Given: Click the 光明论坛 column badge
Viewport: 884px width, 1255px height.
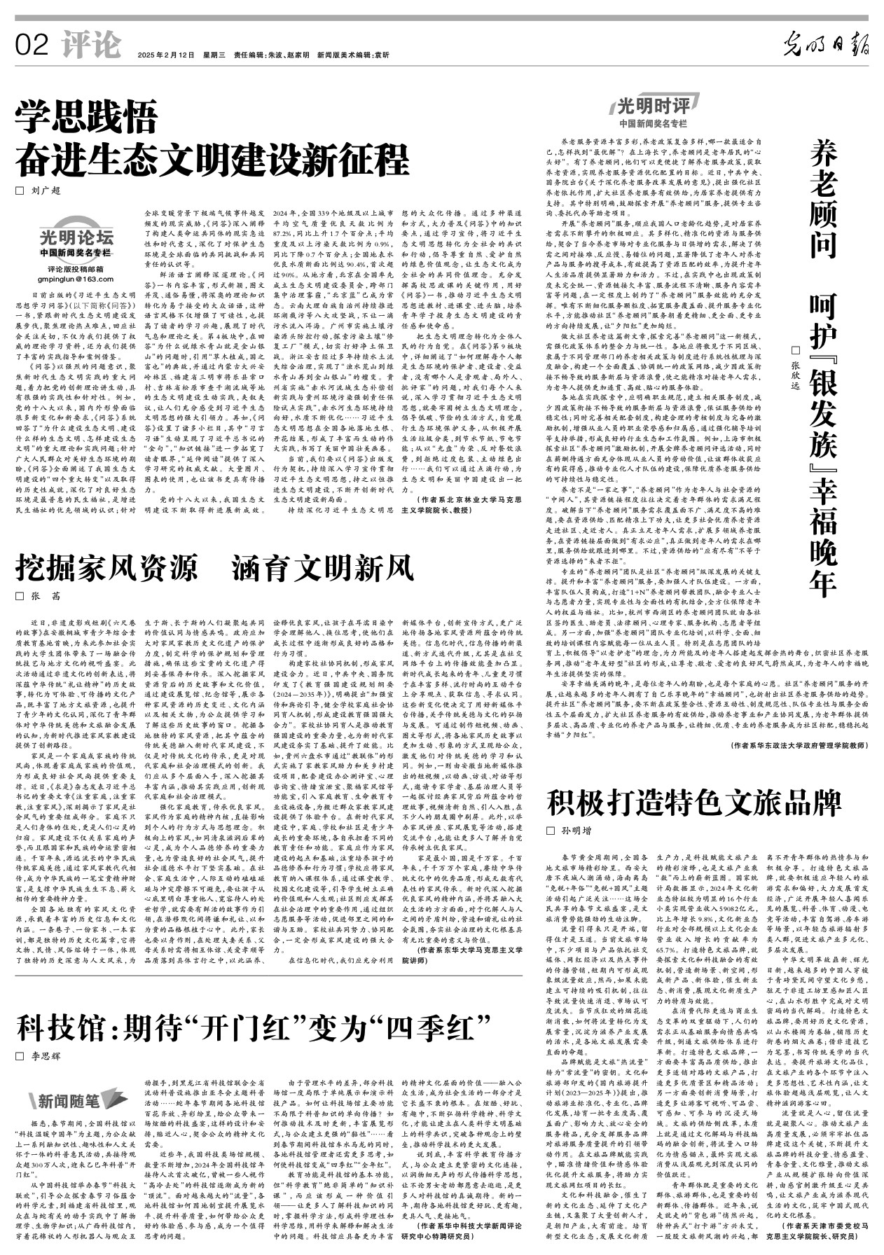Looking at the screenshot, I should click(x=76, y=237).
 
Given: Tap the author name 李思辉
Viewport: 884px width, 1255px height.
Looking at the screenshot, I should click(x=46, y=1055).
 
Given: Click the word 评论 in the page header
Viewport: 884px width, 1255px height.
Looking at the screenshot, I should click(x=91, y=46).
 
